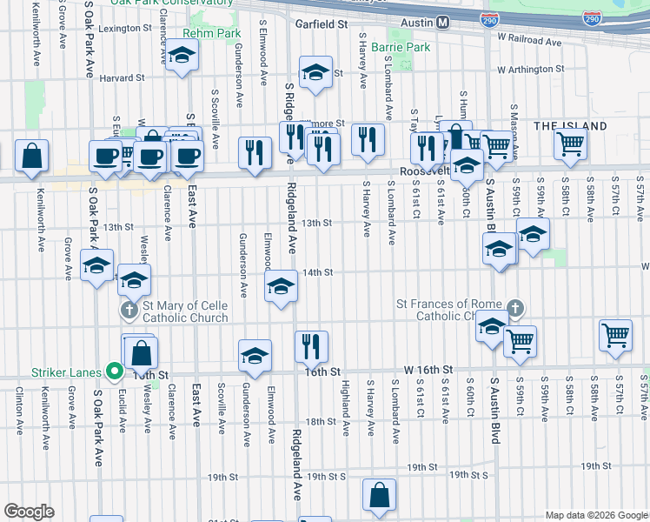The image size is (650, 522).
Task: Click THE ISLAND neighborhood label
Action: (x=570, y=126)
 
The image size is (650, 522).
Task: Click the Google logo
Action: (x=29, y=511)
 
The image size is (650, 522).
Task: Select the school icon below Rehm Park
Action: (x=182, y=57)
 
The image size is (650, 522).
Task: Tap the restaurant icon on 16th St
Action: (x=311, y=345)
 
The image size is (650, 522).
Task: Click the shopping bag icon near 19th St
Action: (x=380, y=495)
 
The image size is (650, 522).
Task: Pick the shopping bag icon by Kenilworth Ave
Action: (x=31, y=157)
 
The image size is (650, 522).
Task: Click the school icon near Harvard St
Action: (x=315, y=73)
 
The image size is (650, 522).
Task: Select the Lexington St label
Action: (x=124, y=29)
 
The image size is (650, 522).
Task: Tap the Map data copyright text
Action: (x=595, y=515)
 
